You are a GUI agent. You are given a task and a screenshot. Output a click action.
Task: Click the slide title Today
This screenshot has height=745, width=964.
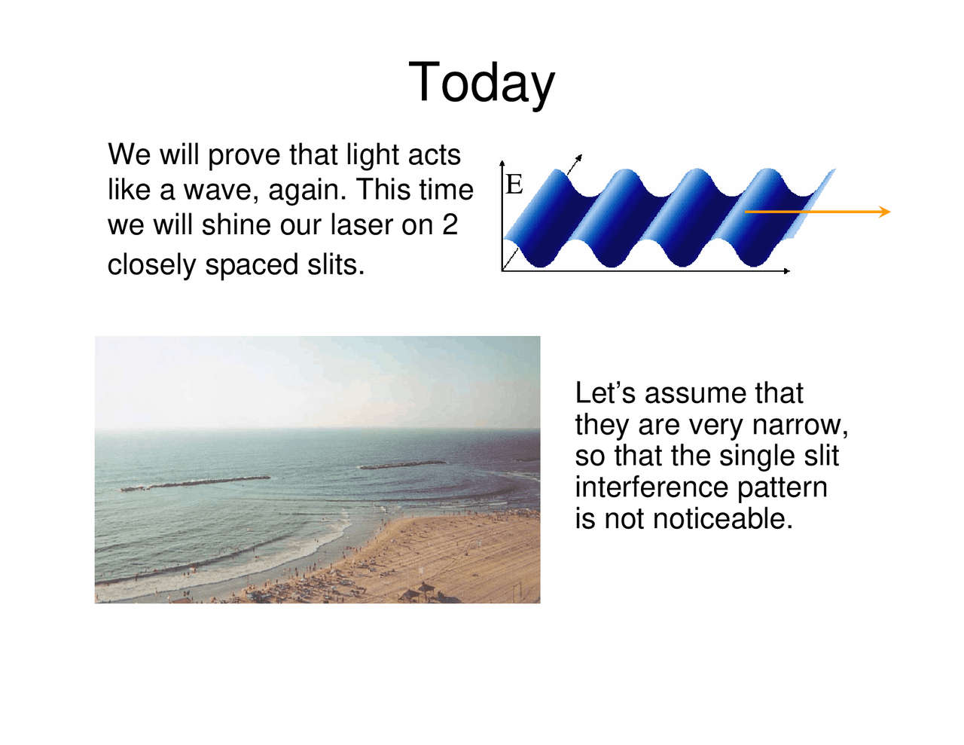pyautogui.click(x=481, y=83)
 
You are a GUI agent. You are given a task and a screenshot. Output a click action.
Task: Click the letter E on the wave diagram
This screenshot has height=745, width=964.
pyautogui.click(x=514, y=185)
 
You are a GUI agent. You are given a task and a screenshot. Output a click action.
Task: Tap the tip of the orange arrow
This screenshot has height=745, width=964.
pyautogui.click(x=889, y=212)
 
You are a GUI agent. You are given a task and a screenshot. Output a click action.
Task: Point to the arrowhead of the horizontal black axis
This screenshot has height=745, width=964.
pyautogui.click(x=788, y=271)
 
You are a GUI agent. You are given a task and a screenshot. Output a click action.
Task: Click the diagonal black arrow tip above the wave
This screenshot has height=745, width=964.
pyautogui.click(x=580, y=157)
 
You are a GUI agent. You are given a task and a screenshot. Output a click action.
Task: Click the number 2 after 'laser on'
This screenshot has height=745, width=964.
pyautogui.click(x=450, y=224)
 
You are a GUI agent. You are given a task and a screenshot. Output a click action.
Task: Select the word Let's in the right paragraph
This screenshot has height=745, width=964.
pyautogui.click(x=606, y=393)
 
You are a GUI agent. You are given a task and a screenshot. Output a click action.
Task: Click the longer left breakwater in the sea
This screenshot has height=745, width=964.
pyautogui.click(x=196, y=483)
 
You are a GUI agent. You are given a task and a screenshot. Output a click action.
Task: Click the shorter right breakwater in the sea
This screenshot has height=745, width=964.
pyautogui.click(x=404, y=465)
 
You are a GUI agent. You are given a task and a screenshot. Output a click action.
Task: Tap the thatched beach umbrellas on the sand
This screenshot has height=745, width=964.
pyautogui.click(x=419, y=591)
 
